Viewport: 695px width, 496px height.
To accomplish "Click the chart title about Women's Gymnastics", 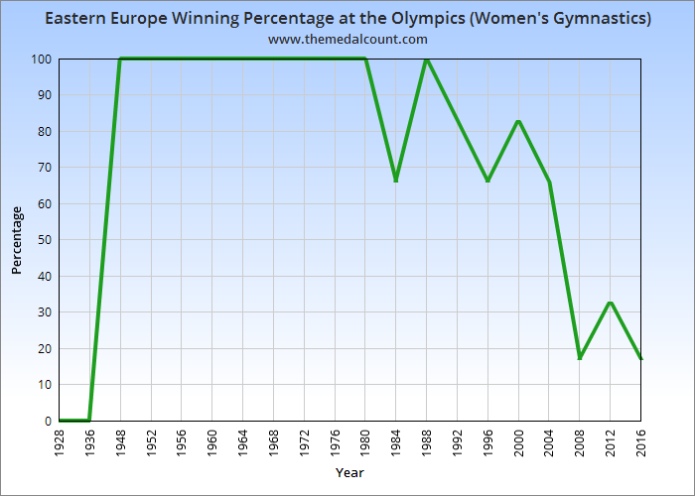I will [347, 19].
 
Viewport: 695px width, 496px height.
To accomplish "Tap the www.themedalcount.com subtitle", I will [347, 40].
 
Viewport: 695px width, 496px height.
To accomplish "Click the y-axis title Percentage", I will [17, 240].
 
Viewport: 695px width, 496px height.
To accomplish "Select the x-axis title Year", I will [349, 472].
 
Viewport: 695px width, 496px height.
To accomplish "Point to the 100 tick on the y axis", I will [41, 59].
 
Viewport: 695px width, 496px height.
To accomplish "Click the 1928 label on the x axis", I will [60, 442].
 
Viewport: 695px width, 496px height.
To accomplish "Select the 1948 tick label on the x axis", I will [120, 442].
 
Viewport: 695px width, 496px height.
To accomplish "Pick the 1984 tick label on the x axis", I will [396, 442].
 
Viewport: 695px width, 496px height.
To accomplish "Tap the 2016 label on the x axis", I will [640, 442].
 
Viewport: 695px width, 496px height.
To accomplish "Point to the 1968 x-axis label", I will [274, 442].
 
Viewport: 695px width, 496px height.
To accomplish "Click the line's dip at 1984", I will [396, 181].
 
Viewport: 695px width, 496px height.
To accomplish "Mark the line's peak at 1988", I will [426, 59].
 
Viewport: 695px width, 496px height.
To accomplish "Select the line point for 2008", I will [580, 358].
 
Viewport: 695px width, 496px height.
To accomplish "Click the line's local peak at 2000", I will [518, 121].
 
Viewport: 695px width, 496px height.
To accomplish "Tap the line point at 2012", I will [610, 302].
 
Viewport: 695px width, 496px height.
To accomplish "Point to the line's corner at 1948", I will [120, 59].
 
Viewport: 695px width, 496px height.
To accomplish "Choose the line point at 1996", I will [487, 181].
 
